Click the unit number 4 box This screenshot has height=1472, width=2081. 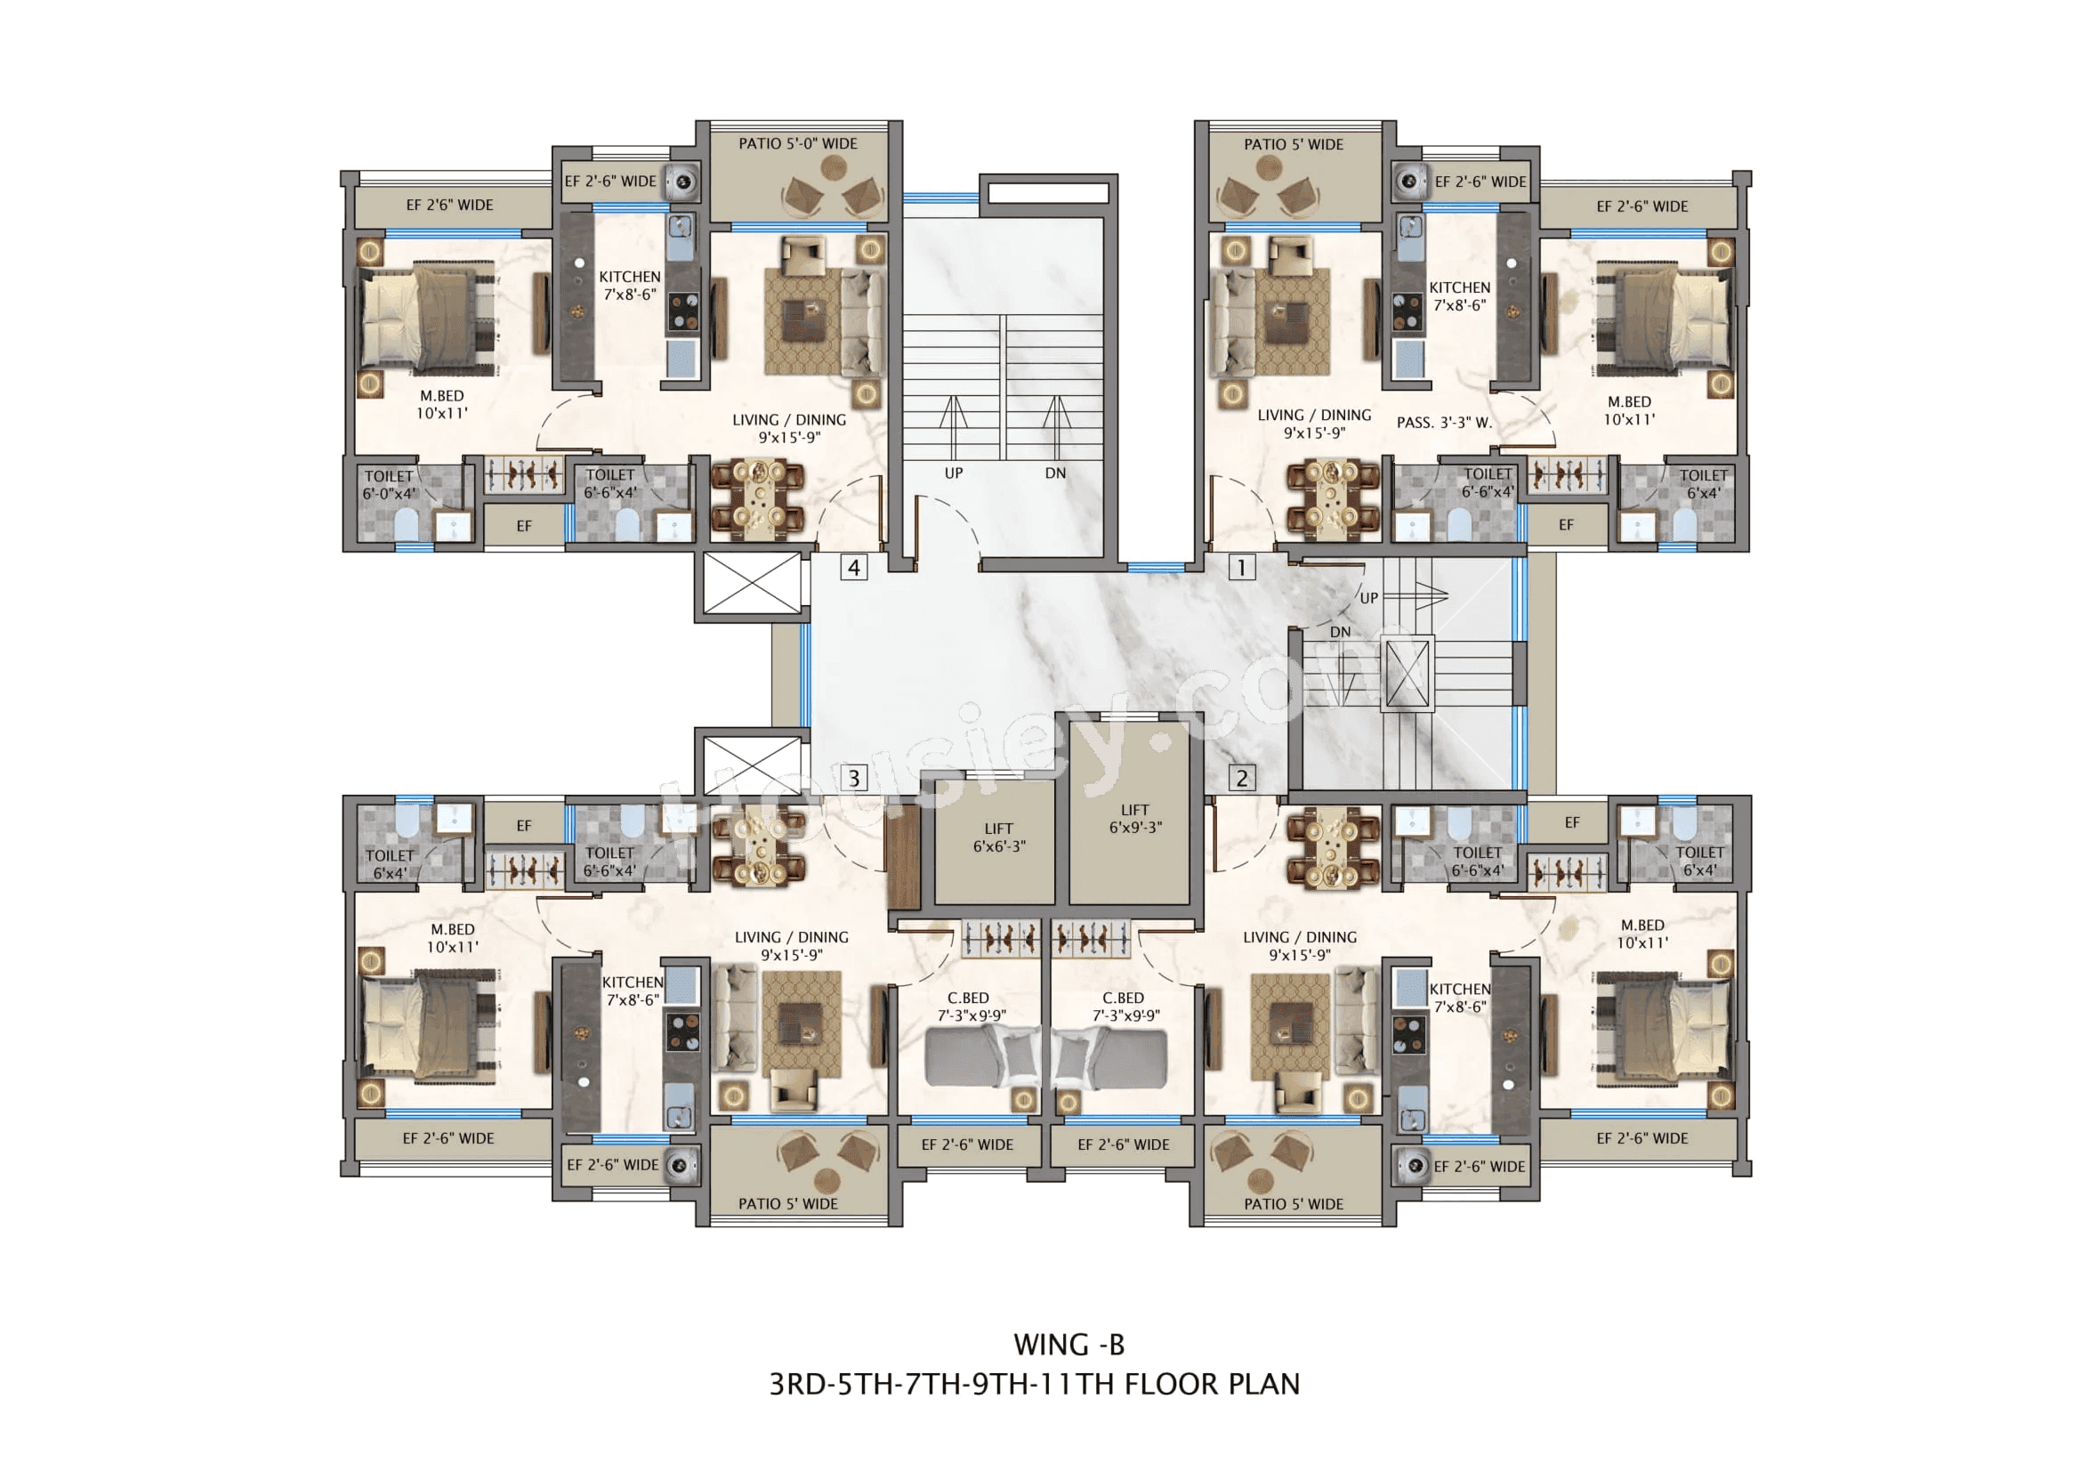click(x=853, y=568)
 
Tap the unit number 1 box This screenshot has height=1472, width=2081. click(x=1241, y=568)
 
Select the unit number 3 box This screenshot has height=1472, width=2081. click(x=853, y=778)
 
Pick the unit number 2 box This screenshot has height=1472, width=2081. click(x=1241, y=778)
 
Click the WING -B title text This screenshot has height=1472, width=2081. click(x=1069, y=1344)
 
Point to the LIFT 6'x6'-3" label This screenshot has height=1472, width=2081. click(x=999, y=837)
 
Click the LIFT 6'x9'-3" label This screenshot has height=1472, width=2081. click(x=1134, y=819)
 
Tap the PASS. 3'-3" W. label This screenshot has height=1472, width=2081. click(x=1444, y=423)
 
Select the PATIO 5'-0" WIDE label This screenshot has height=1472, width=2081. click(x=797, y=143)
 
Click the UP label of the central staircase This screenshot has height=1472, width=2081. click(x=954, y=473)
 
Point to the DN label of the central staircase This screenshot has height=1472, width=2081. click(x=1055, y=473)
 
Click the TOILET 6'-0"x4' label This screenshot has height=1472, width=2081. click(x=389, y=485)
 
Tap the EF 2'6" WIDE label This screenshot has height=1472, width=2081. click(x=449, y=205)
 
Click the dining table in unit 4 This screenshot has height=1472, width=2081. click(x=758, y=497)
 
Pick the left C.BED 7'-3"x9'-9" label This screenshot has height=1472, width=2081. click(x=968, y=1007)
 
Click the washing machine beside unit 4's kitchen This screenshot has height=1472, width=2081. click(x=682, y=182)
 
